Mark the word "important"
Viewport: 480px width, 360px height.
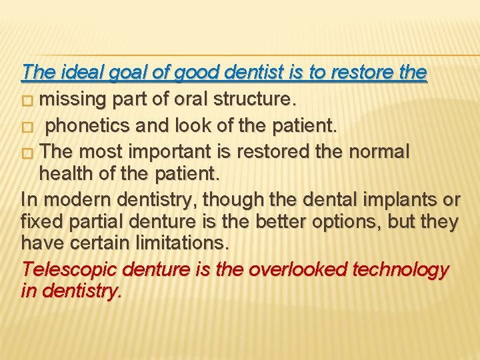pyautogui.click(x=186, y=152)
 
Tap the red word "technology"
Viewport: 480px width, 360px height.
pyautogui.click(x=404, y=270)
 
